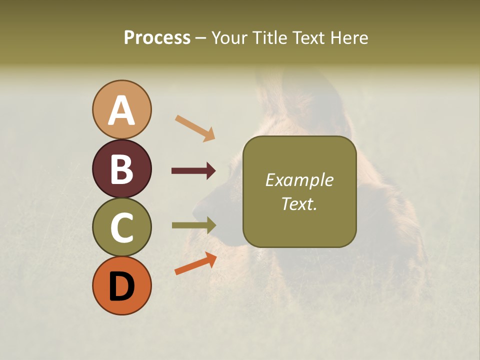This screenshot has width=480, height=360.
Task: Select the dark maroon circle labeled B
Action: [121, 168]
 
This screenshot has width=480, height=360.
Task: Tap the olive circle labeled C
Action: [121, 227]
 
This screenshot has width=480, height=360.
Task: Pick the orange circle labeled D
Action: [121, 286]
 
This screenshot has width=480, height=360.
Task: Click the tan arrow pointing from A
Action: [195, 127]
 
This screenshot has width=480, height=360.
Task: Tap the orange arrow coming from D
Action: [195, 263]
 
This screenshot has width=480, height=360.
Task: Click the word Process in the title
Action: [157, 38]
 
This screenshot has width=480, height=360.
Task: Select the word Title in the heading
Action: [270, 38]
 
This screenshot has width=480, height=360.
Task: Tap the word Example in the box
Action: [299, 180]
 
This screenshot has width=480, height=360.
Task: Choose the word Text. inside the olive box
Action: [299, 203]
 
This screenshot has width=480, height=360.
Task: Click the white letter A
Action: [121, 111]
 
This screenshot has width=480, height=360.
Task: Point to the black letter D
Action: [121, 286]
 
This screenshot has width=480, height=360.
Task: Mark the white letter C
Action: [121, 228]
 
